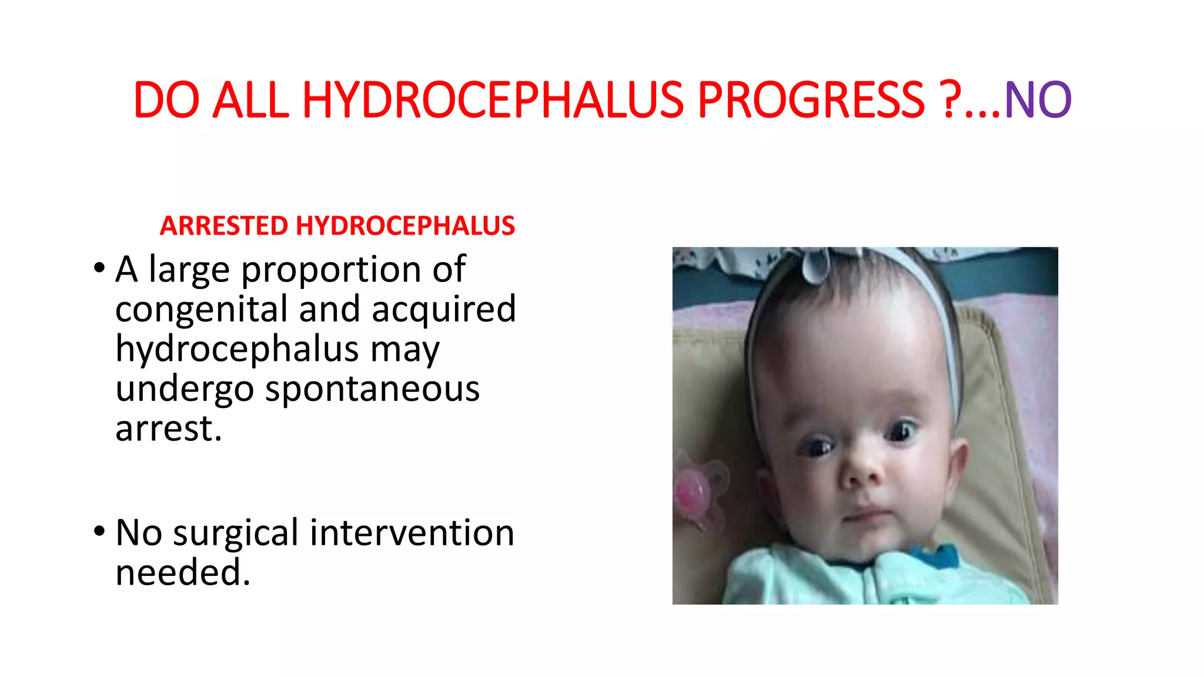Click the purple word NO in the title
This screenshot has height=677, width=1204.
click(1038, 100)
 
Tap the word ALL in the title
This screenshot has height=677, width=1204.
click(250, 100)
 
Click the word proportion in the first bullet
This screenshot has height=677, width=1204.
click(332, 271)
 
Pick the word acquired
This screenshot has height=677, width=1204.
click(443, 310)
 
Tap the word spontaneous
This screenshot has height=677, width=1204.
click(372, 389)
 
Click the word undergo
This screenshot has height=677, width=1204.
click(185, 390)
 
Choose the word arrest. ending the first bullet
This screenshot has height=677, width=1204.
click(169, 428)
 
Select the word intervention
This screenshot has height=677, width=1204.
click(412, 532)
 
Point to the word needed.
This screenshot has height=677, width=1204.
click(183, 572)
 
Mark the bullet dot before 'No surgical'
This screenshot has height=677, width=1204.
click(99, 531)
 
